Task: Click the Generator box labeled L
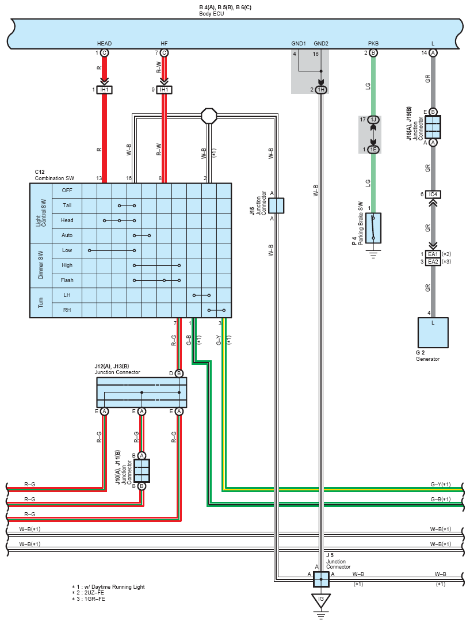[x=433, y=333]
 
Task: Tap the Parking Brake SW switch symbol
[x=373, y=228]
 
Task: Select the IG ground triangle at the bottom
[x=320, y=600]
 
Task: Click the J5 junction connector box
[x=321, y=579]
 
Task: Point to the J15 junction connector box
[x=276, y=205]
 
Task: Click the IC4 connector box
[x=433, y=195]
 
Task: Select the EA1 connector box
[x=433, y=254]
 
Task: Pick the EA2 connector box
[x=433, y=261]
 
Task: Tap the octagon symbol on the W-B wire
[x=209, y=116]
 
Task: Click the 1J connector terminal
[x=373, y=120]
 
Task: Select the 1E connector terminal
[x=373, y=150]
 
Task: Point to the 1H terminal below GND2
[x=321, y=90]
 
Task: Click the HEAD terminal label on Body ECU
[x=104, y=43]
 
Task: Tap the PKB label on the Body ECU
[x=373, y=43]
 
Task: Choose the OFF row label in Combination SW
[x=67, y=190]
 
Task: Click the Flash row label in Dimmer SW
[x=67, y=280]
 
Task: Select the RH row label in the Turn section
[x=67, y=310]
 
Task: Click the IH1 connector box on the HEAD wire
[x=104, y=90]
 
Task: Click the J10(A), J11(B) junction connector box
[x=142, y=471]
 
